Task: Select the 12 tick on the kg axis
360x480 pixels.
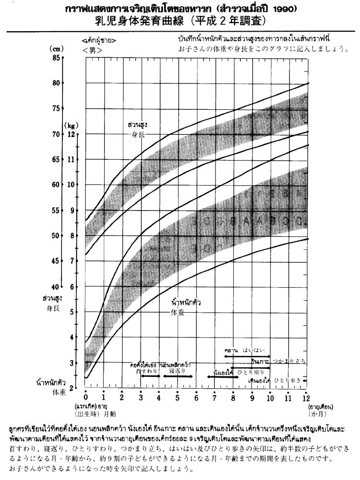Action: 72,134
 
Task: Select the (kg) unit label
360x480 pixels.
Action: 72,124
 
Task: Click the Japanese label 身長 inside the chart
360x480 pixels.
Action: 138,135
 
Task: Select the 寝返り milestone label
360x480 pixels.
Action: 177,371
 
